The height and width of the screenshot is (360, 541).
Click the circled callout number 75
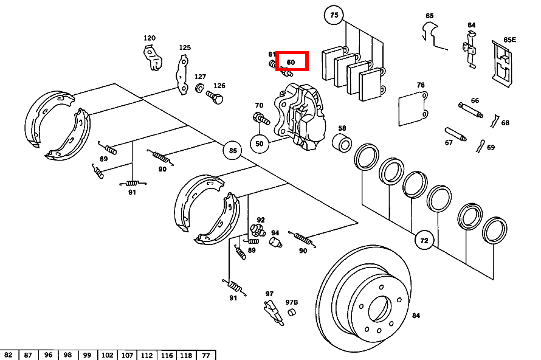334,15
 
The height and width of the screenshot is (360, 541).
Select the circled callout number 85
233,150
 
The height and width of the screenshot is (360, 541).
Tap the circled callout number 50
260,144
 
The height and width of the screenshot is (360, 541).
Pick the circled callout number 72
424,240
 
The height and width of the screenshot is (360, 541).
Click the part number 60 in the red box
291,62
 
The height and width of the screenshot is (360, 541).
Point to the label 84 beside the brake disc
416,316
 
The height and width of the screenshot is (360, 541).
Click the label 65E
509,40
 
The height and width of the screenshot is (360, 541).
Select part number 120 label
150,38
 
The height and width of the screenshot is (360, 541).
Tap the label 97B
292,302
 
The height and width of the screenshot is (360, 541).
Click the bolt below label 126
215,97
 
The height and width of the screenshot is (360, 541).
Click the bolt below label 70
261,119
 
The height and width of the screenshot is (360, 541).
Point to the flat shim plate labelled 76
413,109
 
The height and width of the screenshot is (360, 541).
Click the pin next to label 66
470,110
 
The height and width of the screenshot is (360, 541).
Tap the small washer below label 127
200,88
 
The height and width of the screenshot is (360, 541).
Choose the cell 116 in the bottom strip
167,355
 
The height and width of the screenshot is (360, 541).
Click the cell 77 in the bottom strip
206,355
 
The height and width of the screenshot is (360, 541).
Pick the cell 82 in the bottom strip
9,355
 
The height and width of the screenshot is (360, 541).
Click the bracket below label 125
182,75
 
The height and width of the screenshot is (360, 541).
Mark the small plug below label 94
275,242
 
